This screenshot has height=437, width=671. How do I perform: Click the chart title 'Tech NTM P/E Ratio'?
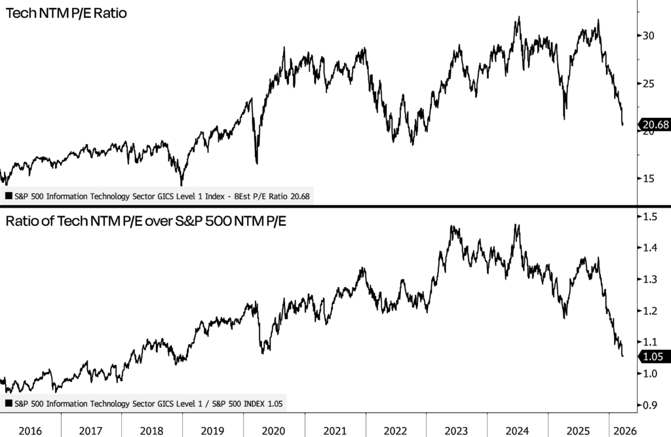pos(65,13)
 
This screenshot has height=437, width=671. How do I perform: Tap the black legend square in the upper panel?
pos(8,195)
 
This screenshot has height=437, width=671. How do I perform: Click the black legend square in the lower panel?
pos(8,404)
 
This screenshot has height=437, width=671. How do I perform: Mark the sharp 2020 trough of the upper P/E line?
pos(257,163)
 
